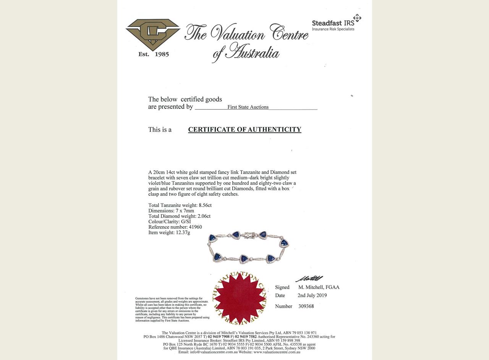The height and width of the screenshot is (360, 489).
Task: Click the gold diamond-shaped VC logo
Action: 153,34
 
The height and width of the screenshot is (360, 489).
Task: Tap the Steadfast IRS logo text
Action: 333,23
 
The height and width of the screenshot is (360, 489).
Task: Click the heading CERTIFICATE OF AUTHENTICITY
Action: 244,130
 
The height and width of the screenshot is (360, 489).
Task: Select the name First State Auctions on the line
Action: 248,107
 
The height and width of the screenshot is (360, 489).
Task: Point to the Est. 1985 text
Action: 154,54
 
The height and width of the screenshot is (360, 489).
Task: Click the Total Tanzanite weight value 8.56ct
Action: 205,205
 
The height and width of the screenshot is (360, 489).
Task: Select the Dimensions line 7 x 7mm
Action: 185,211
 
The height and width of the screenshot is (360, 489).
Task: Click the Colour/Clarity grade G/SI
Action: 186,221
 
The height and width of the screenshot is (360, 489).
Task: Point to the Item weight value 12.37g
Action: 183,232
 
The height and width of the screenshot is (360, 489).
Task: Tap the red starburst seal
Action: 240,298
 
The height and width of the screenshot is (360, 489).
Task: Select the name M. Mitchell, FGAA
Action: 319,287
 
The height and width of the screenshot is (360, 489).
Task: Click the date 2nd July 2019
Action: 312,295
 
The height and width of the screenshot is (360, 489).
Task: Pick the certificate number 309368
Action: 306,306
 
